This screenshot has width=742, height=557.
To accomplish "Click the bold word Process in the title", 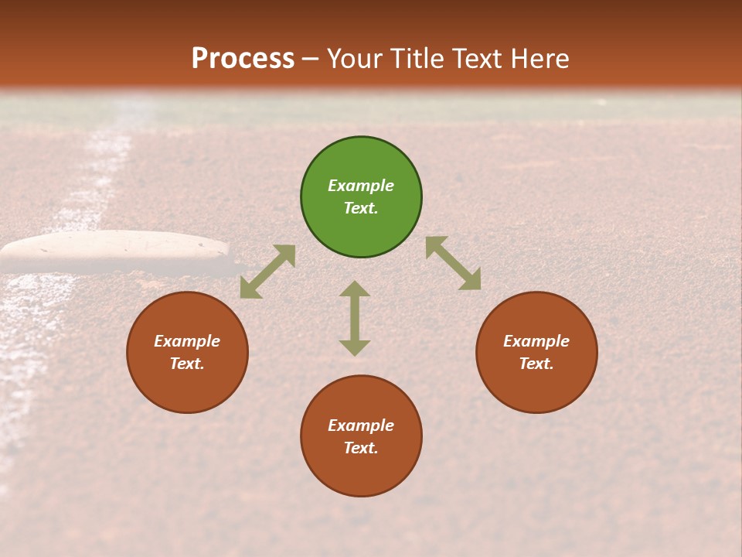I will tap(243, 59).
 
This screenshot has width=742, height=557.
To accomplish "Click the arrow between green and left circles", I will tap(267, 272).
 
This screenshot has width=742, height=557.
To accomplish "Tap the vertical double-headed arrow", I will tap(355, 318).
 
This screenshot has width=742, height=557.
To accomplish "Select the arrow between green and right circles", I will tap(454, 263).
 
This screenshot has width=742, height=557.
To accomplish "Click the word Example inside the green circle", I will tap(361, 186).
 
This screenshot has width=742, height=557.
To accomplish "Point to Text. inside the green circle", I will tap(361, 208).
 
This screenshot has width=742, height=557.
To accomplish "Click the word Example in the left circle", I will tap(187, 341).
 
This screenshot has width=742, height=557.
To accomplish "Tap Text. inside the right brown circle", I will tap(536, 364).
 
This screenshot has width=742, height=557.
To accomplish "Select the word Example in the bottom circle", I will tap(361, 425).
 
